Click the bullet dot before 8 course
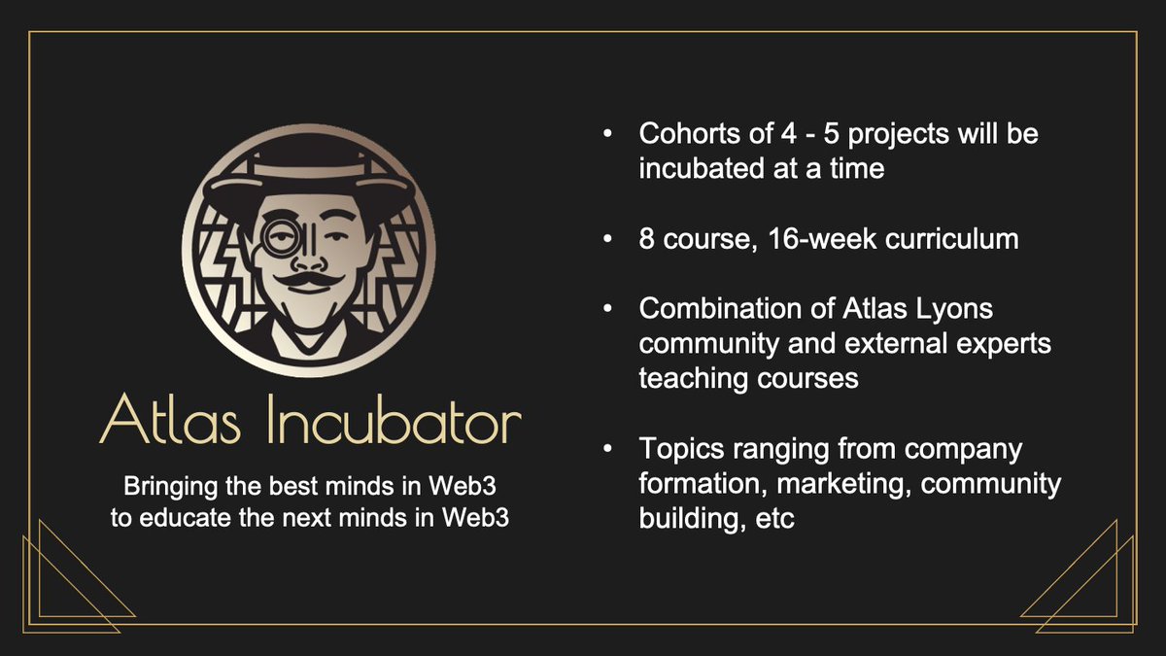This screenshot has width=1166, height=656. tap(607, 238)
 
